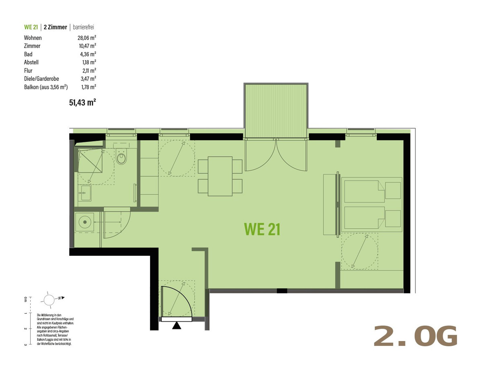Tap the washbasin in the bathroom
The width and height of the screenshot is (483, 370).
[86, 193]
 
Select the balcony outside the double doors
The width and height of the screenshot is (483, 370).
[276, 111]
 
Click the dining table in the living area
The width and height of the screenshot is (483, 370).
[220, 176]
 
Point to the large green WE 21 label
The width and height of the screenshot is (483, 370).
[262, 229]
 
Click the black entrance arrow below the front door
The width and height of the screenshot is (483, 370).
[176, 326]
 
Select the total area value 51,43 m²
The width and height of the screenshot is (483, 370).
[83, 103]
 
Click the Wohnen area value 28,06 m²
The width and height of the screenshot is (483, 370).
[87, 38]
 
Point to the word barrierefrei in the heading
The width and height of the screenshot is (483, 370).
[83, 27]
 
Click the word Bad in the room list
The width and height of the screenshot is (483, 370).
[28, 54]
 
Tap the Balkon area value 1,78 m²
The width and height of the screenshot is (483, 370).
[89, 87]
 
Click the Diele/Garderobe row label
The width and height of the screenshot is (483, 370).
[41, 79]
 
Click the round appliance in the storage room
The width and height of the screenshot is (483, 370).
[85, 222]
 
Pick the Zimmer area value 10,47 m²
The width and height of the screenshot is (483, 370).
[87, 46]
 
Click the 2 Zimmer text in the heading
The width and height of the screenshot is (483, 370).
[56, 27]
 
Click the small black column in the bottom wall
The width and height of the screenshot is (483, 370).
[282, 291]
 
